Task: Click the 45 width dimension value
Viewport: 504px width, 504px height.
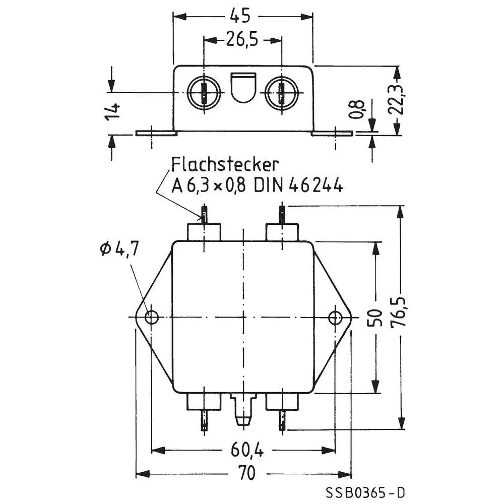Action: [240, 16]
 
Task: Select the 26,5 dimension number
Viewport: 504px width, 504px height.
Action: [242, 39]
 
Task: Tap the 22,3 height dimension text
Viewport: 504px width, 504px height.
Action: [396, 100]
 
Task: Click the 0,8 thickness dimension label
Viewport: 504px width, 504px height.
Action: [356, 109]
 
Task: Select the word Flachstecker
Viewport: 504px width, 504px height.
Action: [225, 165]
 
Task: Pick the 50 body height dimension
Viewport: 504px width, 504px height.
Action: [374, 317]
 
